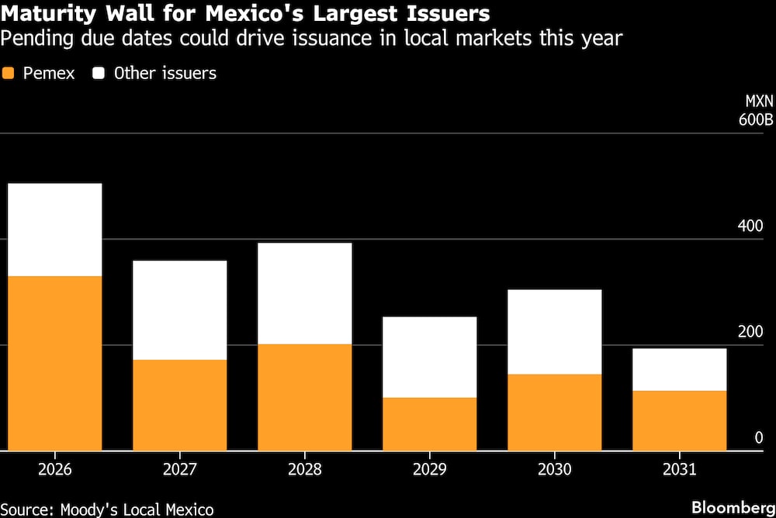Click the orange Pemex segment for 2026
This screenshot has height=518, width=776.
pos(55,363)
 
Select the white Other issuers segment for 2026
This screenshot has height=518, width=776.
pos(55,230)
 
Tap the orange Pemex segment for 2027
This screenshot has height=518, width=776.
pos(180,405)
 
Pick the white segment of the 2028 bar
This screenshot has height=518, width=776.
pos(305,293)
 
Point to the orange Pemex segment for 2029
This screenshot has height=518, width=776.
pos(430,423)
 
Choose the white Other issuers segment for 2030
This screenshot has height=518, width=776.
pos(555,332)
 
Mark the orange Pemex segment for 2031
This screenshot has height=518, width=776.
pos(680,420)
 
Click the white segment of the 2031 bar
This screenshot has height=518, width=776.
pos(680,369)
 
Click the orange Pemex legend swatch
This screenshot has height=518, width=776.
pos(9,74)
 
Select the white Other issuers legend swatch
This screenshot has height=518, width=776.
pos(99,74)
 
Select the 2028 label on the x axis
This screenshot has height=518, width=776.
pos(305,469)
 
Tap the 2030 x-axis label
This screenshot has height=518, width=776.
pos(555,469)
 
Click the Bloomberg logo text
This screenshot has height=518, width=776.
pos(734,507)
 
